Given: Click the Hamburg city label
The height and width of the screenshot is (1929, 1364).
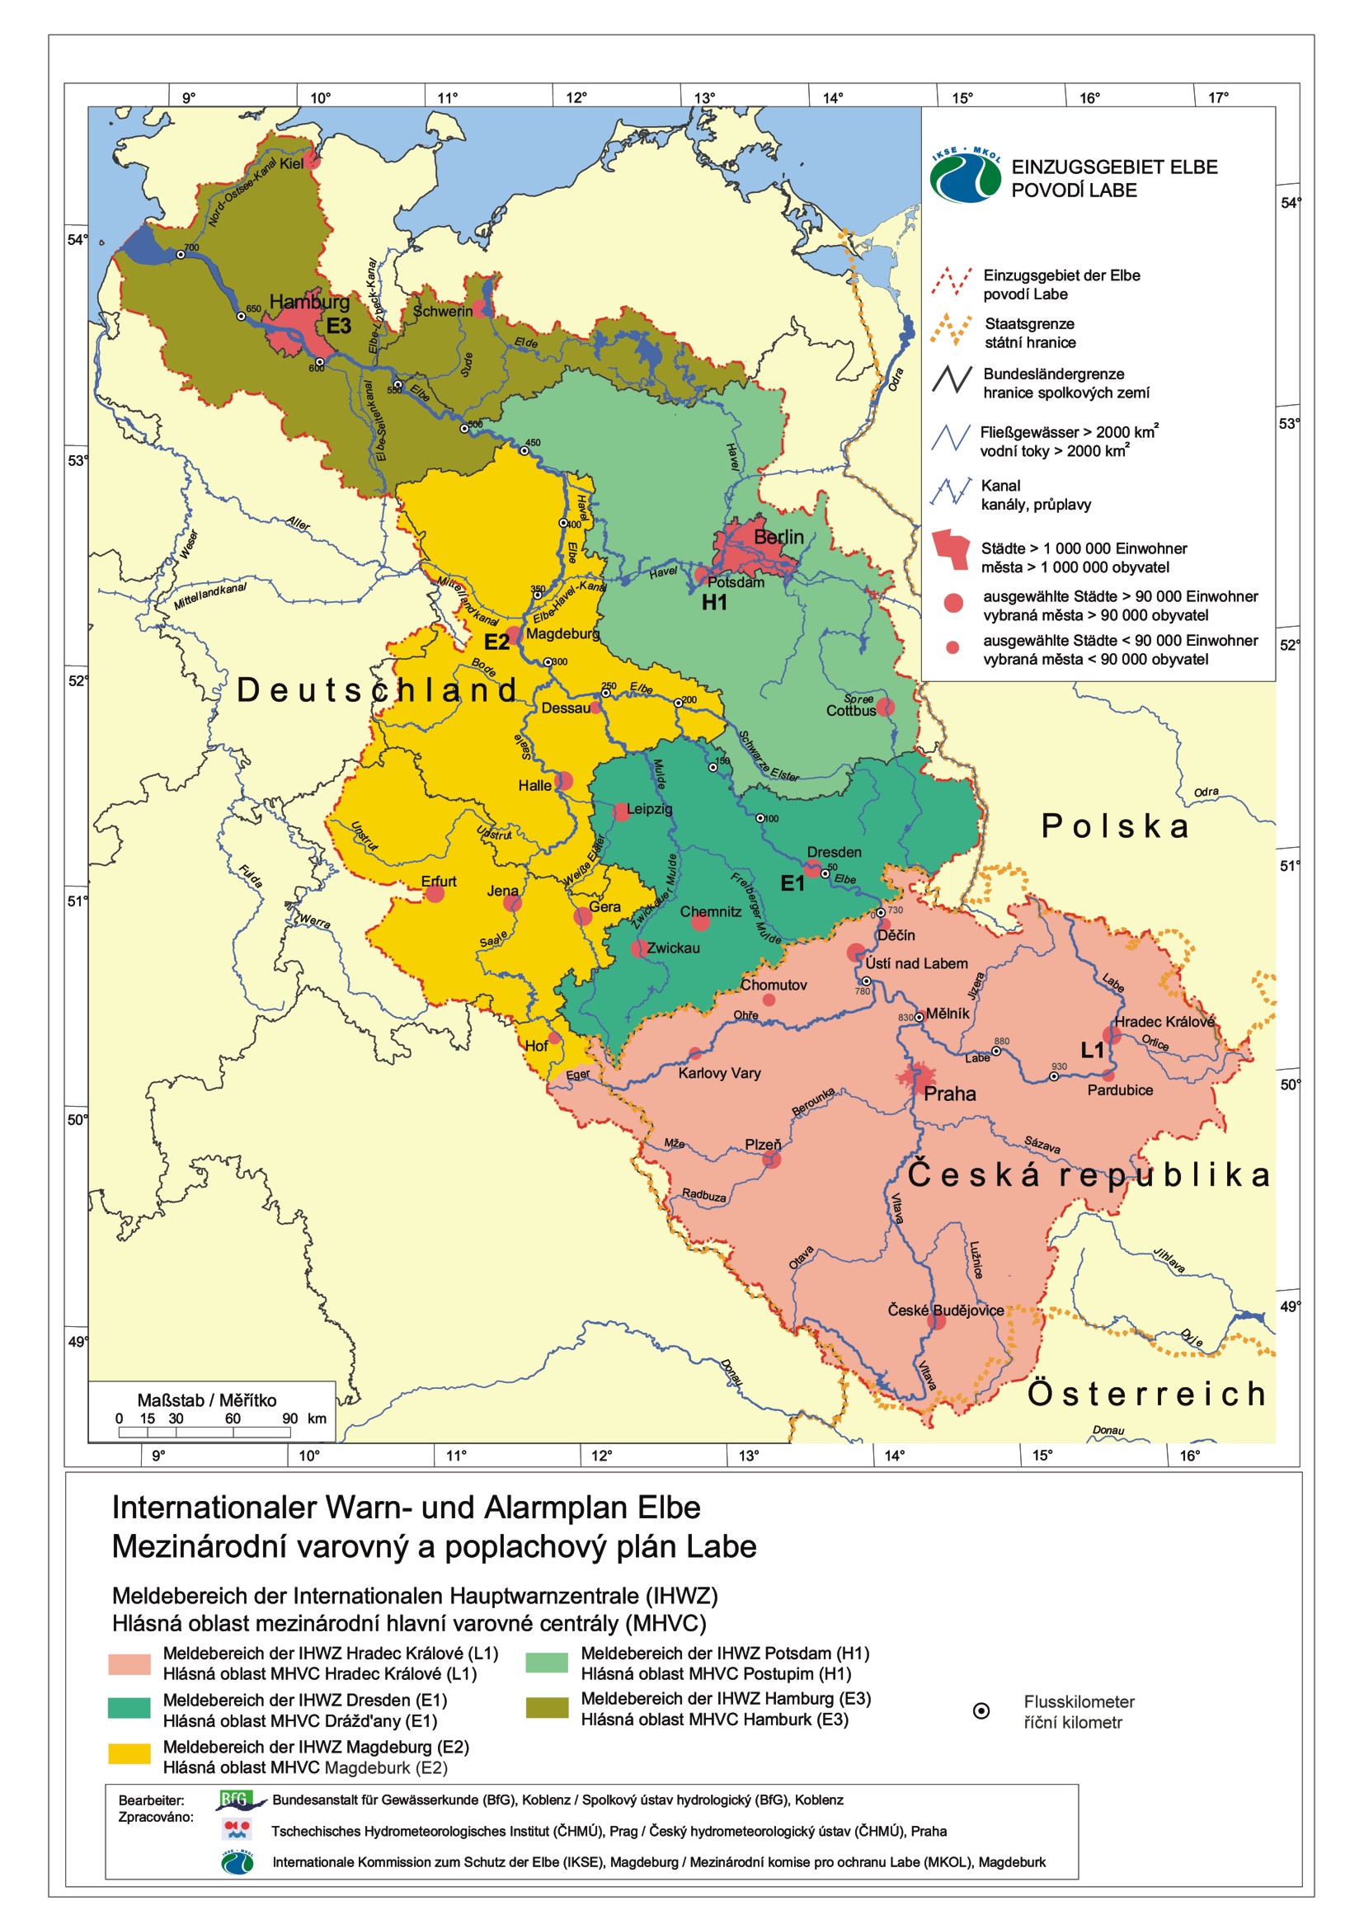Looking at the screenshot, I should (309, 302).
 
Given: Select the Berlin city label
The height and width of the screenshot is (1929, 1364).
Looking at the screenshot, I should (778, 537).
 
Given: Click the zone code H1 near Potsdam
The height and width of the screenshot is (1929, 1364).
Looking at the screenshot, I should (715, 602).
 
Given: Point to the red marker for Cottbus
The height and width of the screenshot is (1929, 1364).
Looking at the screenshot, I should (885, 707).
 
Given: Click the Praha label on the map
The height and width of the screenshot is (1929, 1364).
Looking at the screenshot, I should (950, 1094).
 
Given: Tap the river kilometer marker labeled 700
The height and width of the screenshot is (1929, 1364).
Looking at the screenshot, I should (181, 254).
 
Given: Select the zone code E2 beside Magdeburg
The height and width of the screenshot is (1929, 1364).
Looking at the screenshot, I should (496, 642).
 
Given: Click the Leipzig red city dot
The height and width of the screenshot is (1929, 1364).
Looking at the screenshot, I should (621, 812).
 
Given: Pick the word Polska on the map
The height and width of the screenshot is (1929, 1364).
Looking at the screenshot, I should (1117, 826).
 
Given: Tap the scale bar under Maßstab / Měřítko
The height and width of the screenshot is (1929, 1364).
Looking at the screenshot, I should (205, 1432).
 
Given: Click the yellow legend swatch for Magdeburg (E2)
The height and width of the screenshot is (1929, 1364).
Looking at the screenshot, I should (129, 1753).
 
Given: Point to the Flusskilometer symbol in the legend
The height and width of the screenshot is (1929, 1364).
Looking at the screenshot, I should (981, 1711).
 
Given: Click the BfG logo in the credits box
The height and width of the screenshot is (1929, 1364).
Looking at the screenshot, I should (239, 1800).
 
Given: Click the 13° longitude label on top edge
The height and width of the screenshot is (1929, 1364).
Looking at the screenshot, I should (703, 97).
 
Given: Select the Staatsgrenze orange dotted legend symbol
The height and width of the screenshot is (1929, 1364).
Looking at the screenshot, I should (952, 332).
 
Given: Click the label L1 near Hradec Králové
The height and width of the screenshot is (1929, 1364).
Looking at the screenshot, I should (1092, 1049).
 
